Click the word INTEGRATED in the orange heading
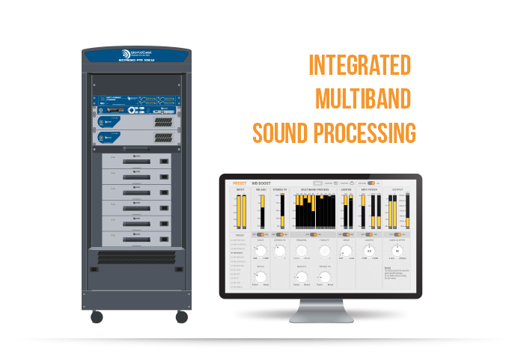(360, 66)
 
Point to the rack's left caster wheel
(97, 316)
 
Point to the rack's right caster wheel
(181, 316)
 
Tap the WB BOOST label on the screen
(260, 183)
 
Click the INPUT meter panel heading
(241, 190)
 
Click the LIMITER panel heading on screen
(346, 190)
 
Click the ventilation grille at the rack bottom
(136, 256)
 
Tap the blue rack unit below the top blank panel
(136, 101)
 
